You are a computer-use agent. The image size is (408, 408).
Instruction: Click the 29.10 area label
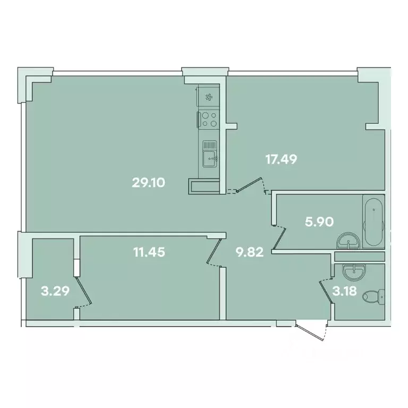click(x=149, y=183)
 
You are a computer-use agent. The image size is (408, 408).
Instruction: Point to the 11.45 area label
click(x=149, y=252)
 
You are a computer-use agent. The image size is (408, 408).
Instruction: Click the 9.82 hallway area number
click(x=249, y=252)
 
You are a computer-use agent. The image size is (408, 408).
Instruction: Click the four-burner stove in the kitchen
click(x=209, y=119)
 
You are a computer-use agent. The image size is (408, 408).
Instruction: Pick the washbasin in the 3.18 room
click(x=352, y=272)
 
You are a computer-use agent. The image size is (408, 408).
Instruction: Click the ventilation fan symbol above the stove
click(x=209, y=97)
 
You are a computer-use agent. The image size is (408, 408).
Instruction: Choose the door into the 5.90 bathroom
click(x=279, y=237)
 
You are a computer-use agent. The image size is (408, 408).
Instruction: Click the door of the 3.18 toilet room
click(x=327, y=291)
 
